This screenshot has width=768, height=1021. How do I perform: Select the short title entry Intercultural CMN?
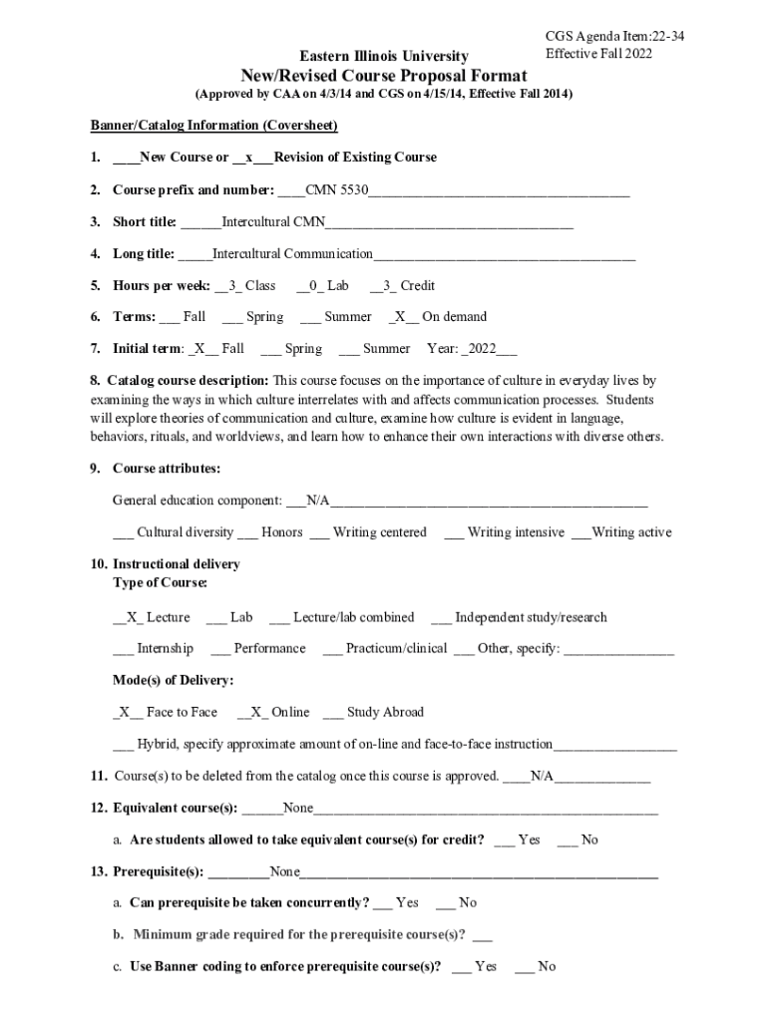[x=273, y=221]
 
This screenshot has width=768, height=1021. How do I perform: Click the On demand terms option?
[x=438, y=317]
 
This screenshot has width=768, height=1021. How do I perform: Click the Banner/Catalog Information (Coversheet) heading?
[x=214, y=126]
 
